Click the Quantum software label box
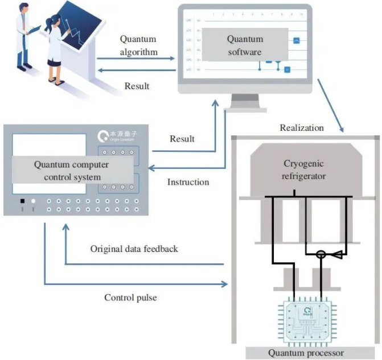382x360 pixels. tap(245, 45)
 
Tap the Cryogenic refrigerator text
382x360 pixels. tap(305, 169)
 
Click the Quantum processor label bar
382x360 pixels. tap(310, 353)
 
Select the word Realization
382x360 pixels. tap(301, 128)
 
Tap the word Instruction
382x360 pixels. tap(188, 183)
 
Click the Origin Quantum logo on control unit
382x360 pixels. tap(113, 137)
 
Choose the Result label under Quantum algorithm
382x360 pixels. tap(137, 86)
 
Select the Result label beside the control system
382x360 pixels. tap(182, 139)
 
